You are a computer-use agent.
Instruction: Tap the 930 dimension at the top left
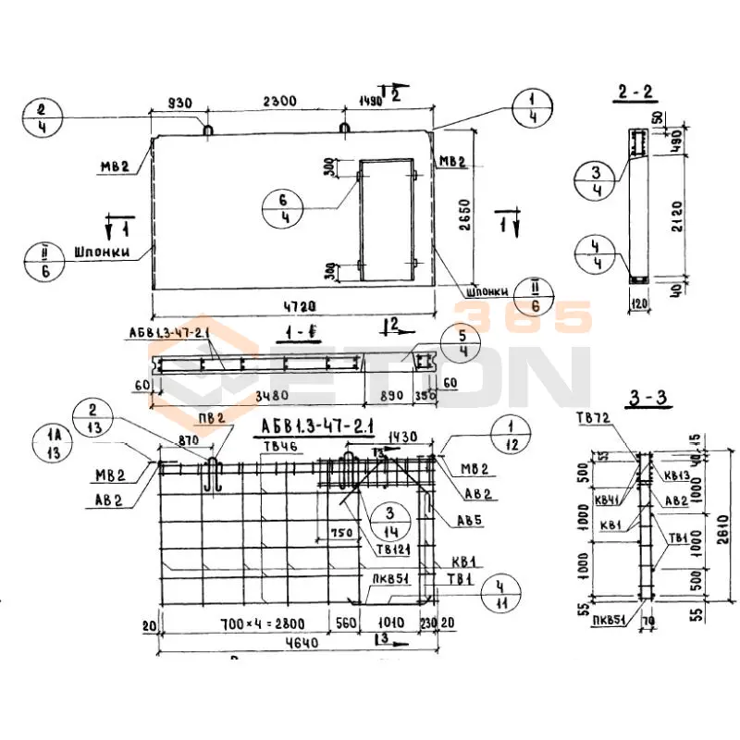coord(180,102)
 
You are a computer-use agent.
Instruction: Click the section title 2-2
coord(635,92)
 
